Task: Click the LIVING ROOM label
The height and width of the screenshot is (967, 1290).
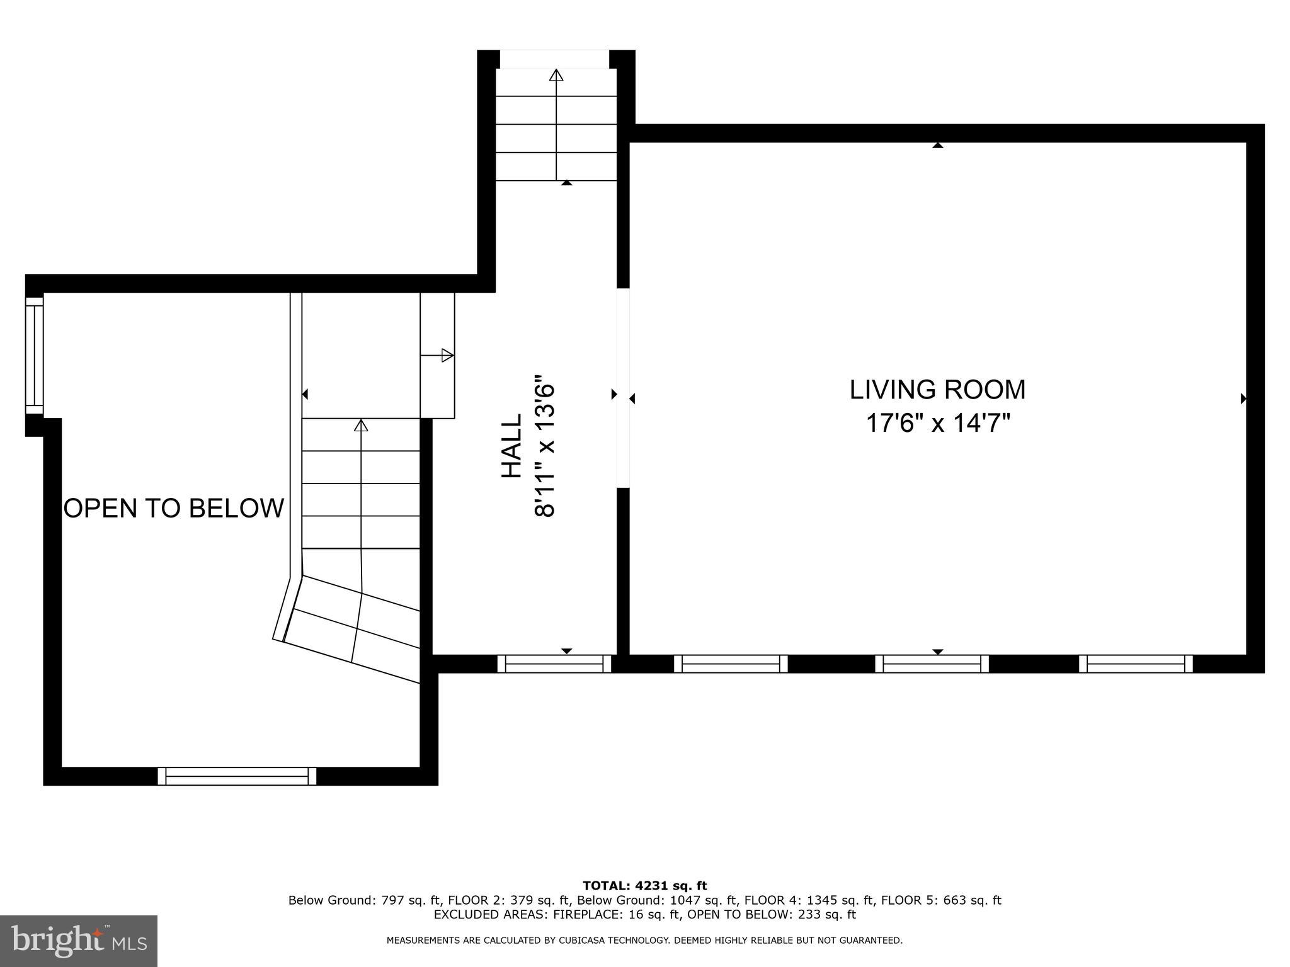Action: [x=937, y=390]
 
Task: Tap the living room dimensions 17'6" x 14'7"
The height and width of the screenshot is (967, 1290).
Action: [x=937, y=423]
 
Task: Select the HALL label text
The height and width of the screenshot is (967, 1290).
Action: [x=511, y=445]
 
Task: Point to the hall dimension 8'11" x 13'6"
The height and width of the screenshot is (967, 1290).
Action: [x=545, y=446]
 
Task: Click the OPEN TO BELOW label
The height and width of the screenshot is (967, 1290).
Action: [x=174, y=508]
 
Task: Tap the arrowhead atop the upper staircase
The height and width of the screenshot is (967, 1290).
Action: [x=556, y=75]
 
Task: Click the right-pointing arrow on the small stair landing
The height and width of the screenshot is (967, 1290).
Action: [x=447, y=355]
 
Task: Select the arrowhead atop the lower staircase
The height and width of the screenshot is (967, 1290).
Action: [x=361, y=426]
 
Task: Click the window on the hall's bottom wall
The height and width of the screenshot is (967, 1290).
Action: [x=554, y=664]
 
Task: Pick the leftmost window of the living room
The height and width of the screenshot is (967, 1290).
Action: [x=731, y=664]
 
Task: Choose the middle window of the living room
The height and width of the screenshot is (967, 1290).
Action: [x=932, y=664]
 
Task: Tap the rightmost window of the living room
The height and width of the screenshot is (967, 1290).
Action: [x=1136, y=664]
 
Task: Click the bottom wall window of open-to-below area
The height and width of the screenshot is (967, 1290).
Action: [x=237, y=776]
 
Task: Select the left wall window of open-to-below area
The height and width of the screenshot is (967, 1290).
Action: [x=34, y=356]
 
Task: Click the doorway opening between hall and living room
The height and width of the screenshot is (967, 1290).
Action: [x=623, y=388]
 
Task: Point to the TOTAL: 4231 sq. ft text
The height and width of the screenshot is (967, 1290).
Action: [x=644, y=886]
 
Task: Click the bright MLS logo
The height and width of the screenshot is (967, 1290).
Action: [x=79, y=941]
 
